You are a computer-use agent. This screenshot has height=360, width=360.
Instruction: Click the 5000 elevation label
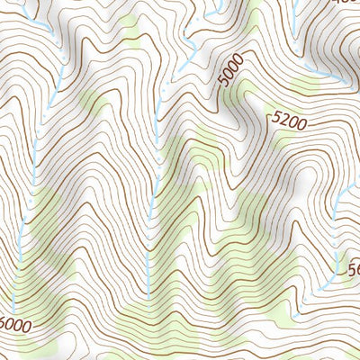coord(231,78)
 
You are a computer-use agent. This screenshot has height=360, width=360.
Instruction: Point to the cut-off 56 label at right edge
coord(353,267)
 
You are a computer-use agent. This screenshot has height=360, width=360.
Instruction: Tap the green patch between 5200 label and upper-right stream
coord(306,85)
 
